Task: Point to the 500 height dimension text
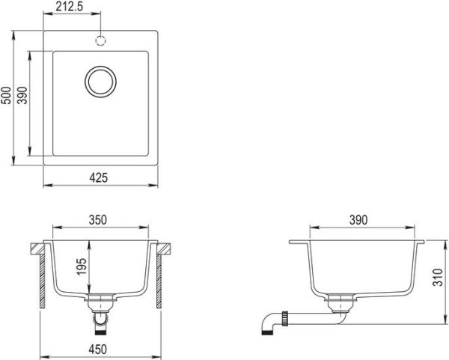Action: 7,97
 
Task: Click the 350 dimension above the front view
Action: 99,220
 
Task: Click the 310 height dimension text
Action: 437,280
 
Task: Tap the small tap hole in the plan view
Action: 100,39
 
